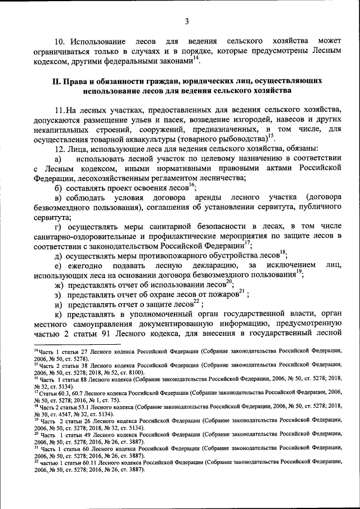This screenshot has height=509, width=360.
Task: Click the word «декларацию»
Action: (x=214, y=265)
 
